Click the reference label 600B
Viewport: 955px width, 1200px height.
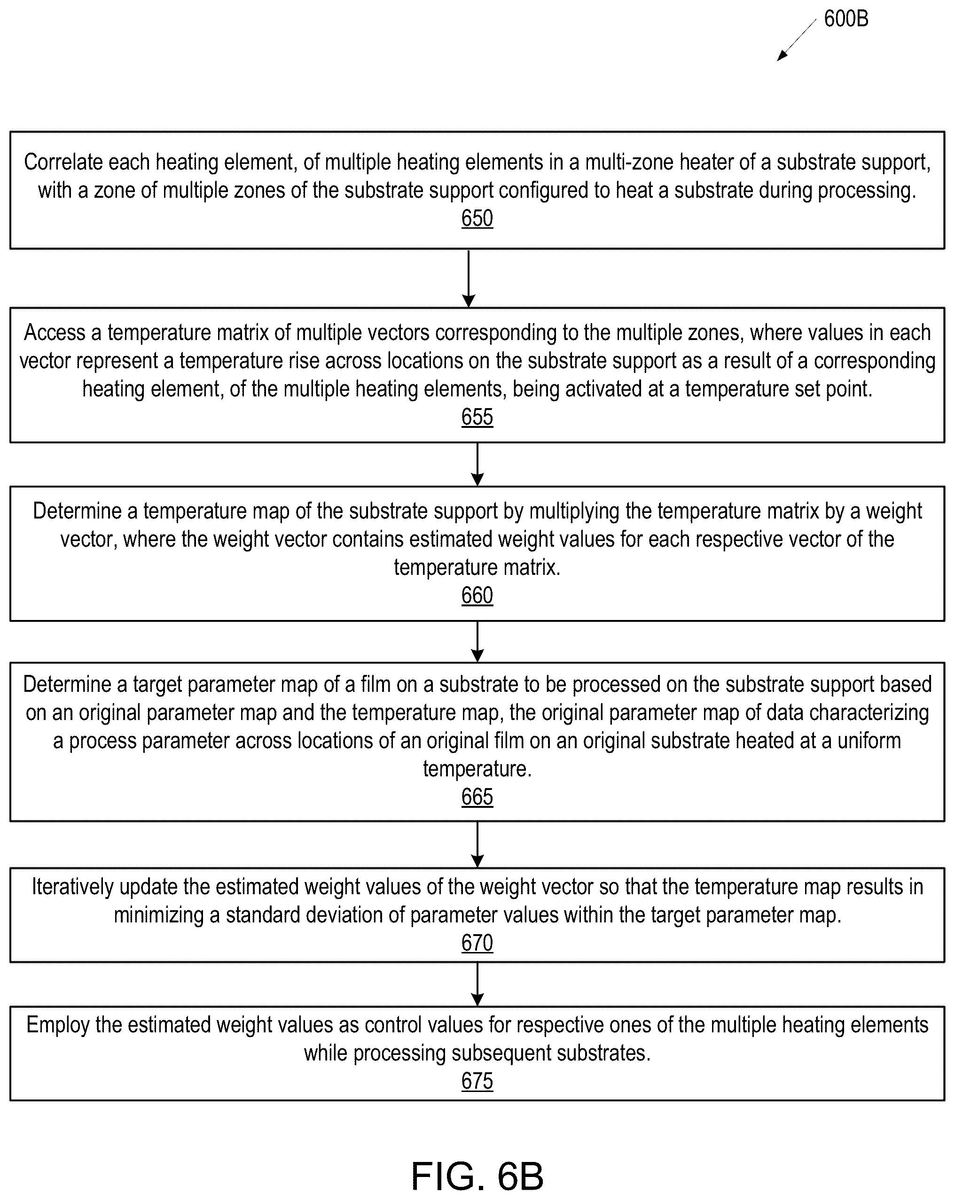[846, 19]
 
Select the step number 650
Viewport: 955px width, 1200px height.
[477, 218]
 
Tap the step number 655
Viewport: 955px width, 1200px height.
[477, 417]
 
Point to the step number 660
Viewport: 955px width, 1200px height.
[477, 596]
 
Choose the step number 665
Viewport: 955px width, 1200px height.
[477, 797]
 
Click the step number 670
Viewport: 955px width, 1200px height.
[477, 943]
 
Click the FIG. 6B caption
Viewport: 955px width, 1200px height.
[477, 1176]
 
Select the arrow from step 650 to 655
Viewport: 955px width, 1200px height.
[469, 279]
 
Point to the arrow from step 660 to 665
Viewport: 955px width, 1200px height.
[477, 642]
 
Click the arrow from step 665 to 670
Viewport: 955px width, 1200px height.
[477, 844]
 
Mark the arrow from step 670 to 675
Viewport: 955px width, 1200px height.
[477, 984]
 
